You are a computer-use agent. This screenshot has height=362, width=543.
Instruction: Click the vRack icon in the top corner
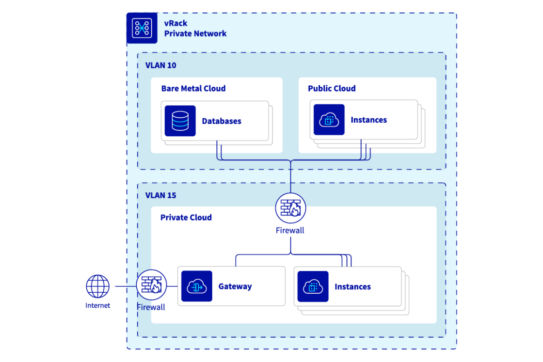click(x=141, y=29)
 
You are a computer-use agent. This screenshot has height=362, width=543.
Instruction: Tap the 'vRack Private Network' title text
click(x=195, y=29)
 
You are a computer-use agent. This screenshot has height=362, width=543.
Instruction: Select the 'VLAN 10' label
click(x=160, y=65)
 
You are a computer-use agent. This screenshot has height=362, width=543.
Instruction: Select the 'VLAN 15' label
click(x=160, y=196)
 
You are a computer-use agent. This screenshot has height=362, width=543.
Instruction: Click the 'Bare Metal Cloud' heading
click(x=193, y=89)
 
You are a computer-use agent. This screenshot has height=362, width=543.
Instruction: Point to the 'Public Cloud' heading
click(x=332, y=89)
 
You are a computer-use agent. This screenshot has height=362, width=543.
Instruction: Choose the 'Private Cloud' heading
click(x=186, y=218)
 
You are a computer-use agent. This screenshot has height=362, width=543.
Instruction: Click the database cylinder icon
click(x=180, y=121)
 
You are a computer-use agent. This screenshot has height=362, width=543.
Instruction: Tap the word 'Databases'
click(x=221, y=121)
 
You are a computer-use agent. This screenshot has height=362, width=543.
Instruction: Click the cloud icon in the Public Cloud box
click(x=329, y=120)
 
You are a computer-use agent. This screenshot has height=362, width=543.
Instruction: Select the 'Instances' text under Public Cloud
click(x=368, y=120)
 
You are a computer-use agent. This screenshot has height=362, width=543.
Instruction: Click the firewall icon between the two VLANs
click(x=290, y=208)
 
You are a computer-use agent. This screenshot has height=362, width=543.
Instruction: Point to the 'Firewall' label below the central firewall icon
click(x=290, y=231)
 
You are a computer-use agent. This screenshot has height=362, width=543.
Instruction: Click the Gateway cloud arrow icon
click(x=196, y=286)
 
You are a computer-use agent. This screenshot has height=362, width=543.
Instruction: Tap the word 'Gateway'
click(x=235, y=286)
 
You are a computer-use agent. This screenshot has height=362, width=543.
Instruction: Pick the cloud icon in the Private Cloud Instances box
click(x=313, y=286)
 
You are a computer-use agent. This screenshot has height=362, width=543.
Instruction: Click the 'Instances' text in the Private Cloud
click(x=352, y=287)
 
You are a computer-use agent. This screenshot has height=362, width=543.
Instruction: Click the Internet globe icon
click(x=98, y=286)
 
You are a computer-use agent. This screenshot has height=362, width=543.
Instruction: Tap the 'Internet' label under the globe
click(x=98, y=306)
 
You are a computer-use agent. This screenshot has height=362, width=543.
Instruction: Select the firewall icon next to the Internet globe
click(x=151, y=285)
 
